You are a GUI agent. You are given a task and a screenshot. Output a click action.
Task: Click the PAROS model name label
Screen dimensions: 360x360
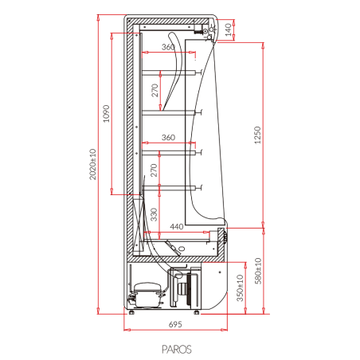pos(177,349)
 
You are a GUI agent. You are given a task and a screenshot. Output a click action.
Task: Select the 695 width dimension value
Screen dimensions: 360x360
pos(175,324)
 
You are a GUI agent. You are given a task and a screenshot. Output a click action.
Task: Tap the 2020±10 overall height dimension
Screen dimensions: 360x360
pos(92,164)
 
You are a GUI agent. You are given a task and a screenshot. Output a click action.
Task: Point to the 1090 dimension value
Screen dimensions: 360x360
pos(106,114)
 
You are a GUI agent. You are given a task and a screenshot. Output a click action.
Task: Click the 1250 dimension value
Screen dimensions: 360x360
pos(257,135)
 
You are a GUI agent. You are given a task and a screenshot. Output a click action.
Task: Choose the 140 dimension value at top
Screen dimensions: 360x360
pos(228,29)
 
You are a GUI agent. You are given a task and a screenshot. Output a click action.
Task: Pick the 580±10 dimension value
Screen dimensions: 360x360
pos(258,271)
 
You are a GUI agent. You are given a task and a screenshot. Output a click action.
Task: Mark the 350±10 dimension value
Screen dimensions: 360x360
pos(240,288)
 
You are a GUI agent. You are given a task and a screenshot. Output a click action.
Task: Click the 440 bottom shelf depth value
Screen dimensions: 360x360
pos(177,226)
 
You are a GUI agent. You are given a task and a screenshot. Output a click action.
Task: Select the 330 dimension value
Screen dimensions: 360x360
pos(154,214)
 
